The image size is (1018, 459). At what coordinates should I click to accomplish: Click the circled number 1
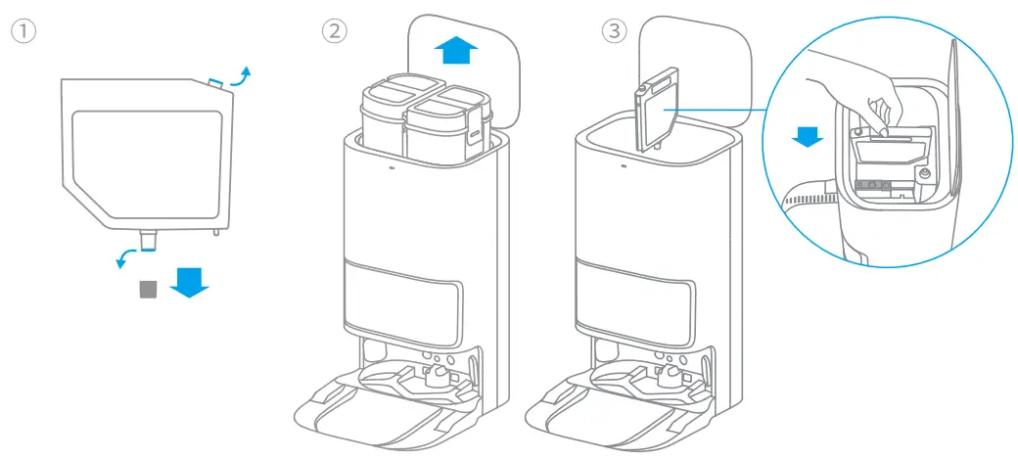coord(23,30)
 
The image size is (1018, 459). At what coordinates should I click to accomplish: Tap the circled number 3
coord(614,30)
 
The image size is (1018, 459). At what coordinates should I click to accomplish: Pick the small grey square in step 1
coord(148,288)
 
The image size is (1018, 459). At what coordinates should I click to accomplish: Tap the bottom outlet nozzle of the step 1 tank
coord(149,238)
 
